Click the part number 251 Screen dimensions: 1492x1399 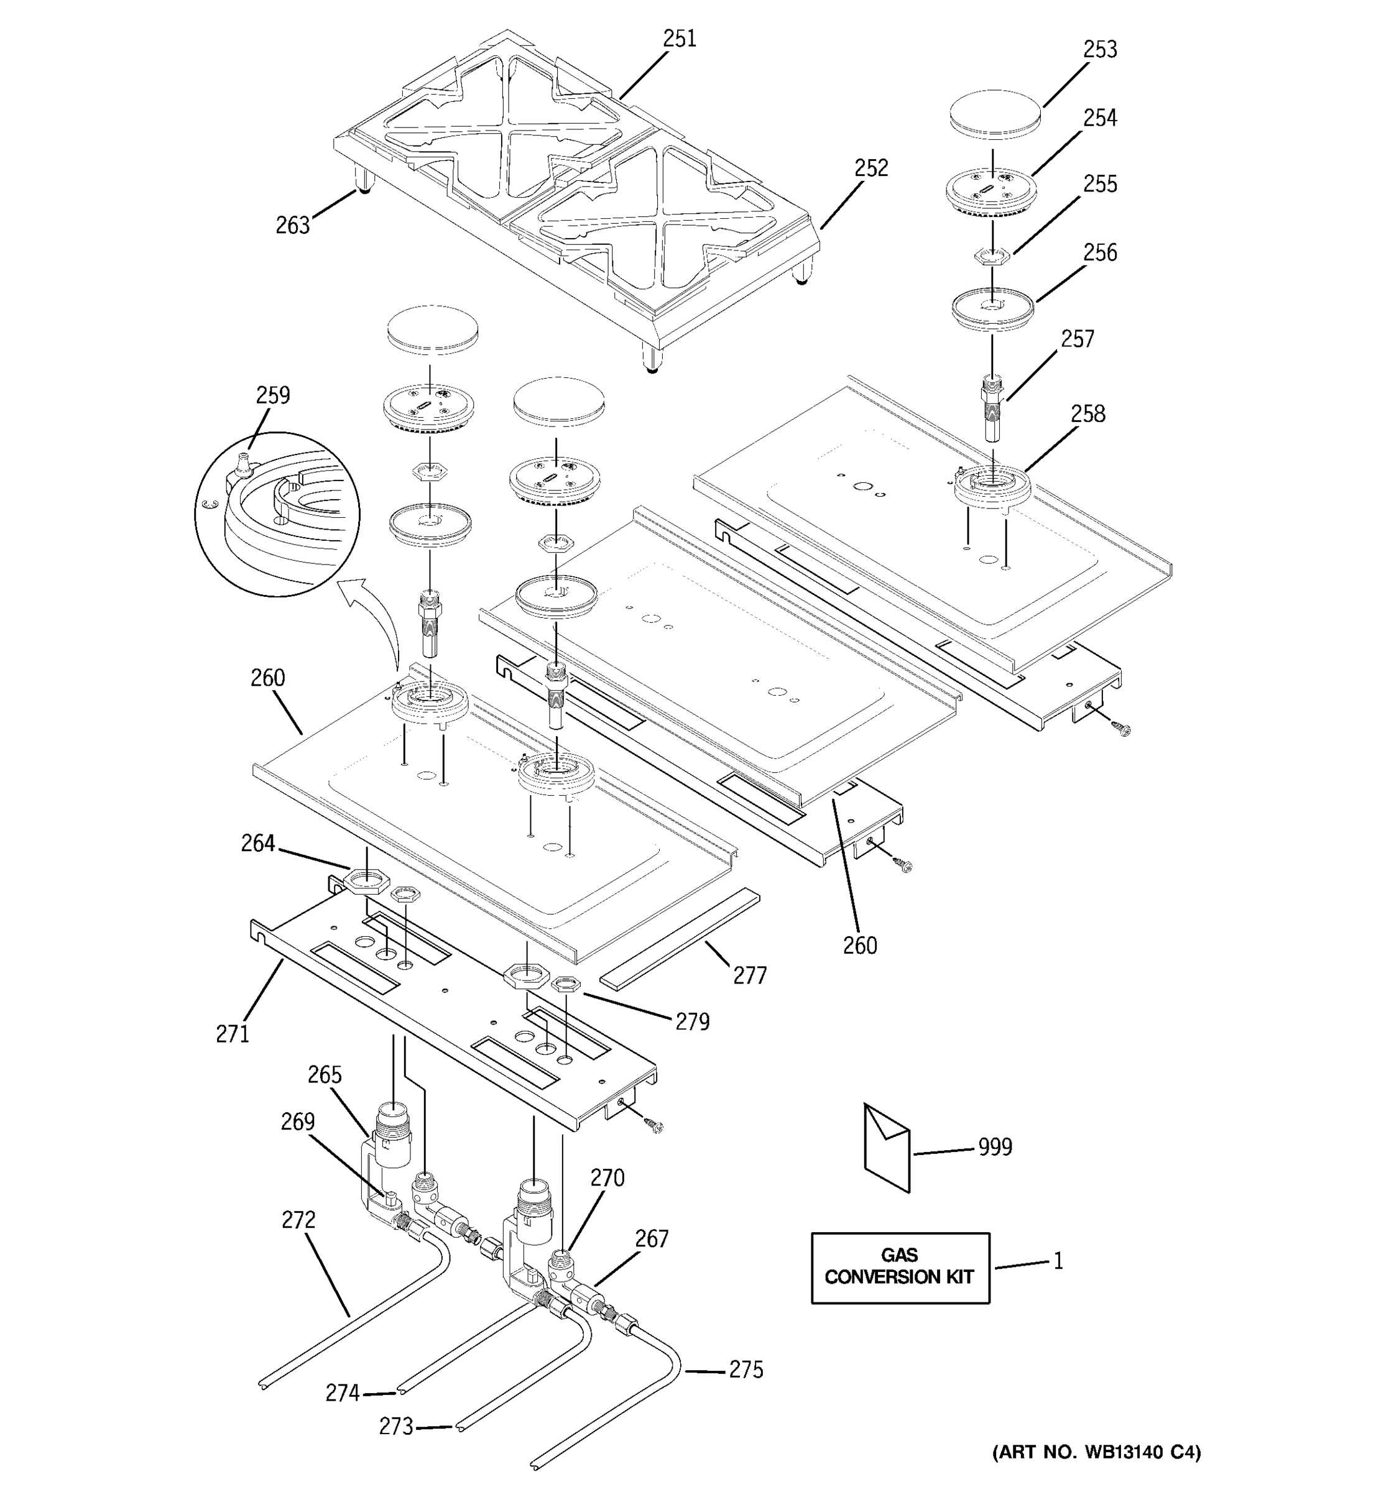679,39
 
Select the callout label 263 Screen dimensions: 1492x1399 292,225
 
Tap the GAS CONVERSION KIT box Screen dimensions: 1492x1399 899,1268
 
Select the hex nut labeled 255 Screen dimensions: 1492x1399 992,257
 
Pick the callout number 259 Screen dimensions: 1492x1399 272,395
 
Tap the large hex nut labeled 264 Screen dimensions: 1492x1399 366,879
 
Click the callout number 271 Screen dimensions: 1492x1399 232,1034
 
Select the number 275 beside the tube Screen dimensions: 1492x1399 746,1370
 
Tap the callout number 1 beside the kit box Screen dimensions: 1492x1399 1058,1261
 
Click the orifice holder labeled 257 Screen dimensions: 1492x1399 992,410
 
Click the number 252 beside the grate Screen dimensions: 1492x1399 870,168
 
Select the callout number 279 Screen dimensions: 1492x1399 691,1022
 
